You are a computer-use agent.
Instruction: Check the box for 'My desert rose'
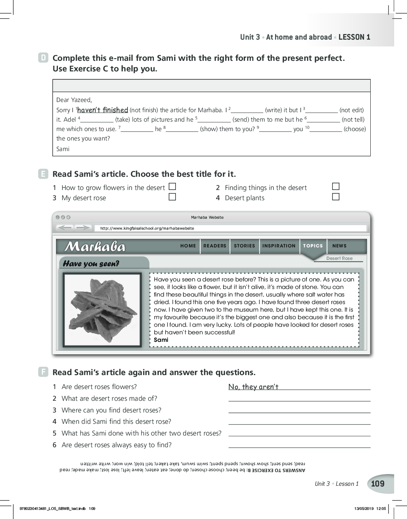(172, 197)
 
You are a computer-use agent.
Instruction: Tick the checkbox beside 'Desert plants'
(336, 197)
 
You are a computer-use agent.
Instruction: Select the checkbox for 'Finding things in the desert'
(336, 187)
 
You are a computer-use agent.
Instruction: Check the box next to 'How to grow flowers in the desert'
(172, 187)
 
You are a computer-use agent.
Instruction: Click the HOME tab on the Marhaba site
(188, 246)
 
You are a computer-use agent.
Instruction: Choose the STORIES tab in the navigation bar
(244, 246)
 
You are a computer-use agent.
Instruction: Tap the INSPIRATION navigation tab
(279, 246)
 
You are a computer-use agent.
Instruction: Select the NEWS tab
(339, 246)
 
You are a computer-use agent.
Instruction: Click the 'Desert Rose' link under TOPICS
(339, 258)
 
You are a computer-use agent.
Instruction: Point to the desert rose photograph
(102, 310)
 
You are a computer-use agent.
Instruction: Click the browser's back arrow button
(65, 227)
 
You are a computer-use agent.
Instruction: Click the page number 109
(377, 484)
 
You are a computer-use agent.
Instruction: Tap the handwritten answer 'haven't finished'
(103, 110)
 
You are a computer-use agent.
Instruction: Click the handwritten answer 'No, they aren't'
(253, 387)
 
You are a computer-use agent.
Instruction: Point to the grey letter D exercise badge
(43, 58)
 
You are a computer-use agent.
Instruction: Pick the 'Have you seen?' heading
(91, 264)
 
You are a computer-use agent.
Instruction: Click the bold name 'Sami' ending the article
(161, 340)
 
